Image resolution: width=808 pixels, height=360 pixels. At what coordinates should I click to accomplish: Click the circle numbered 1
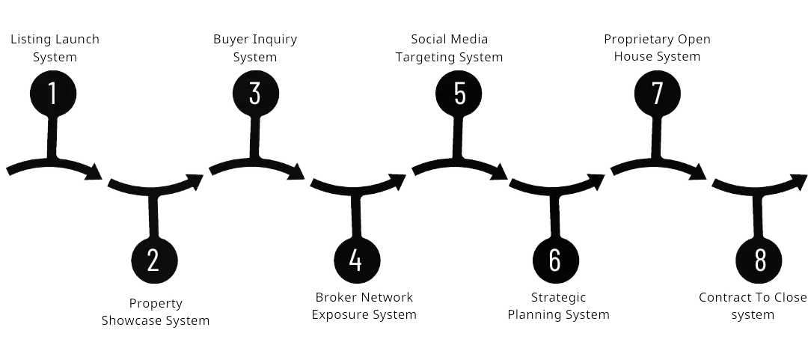(53, 94)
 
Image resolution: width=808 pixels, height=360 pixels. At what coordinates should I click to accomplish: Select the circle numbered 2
(154, 260)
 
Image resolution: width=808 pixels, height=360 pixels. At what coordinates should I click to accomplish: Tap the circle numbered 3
(256, 94)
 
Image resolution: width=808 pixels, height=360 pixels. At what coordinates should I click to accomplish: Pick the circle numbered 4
(357, 260)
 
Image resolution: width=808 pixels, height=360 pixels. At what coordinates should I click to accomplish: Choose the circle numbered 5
(459, 94)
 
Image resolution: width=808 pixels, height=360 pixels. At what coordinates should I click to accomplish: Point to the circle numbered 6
(556, 260)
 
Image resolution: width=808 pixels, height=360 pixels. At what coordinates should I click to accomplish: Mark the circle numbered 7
(658, 94)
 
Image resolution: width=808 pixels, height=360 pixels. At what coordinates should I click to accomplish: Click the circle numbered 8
(759, 260)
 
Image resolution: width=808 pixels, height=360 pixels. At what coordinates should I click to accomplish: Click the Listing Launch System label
(54, 48)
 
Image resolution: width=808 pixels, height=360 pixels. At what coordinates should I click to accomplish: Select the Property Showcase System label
(155, 312)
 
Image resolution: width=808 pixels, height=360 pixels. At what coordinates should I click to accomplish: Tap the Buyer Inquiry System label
(256, 48)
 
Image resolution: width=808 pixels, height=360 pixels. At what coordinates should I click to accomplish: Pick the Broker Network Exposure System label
(364, 306)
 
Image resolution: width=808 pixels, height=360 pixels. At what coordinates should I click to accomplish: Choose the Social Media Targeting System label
(449, 48)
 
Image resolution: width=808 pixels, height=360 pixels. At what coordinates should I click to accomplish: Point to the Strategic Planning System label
(559, 306)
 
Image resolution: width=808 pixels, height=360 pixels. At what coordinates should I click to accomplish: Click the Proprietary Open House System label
(658, 48)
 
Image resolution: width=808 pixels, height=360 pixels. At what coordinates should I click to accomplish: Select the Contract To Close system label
(753, 306)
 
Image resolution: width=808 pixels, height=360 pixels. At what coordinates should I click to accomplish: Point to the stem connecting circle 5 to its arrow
(459, 138)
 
